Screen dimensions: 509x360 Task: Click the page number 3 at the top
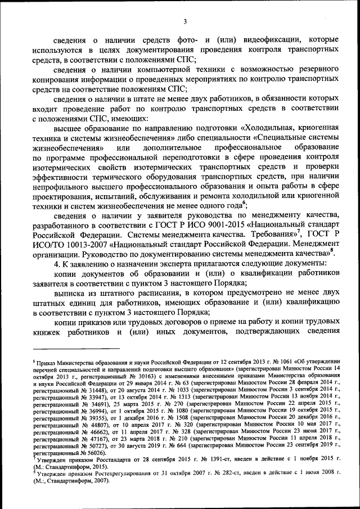(x=184, y=22)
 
